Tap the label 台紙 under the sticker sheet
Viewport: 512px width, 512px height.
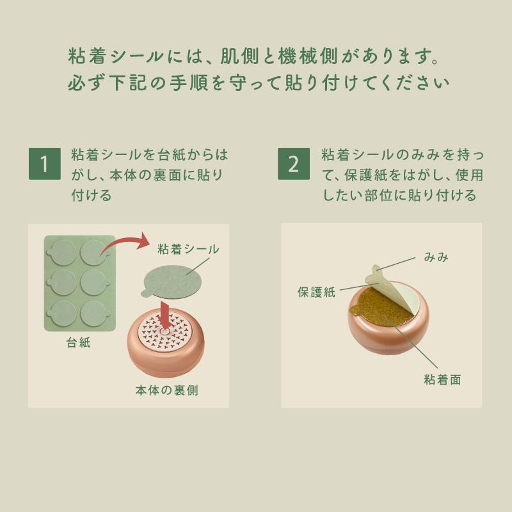(79, 342)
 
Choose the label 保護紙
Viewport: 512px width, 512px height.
(316, 292)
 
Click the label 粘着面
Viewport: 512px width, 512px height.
(442, 380)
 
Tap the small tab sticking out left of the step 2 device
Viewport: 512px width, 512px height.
(355, 313)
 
